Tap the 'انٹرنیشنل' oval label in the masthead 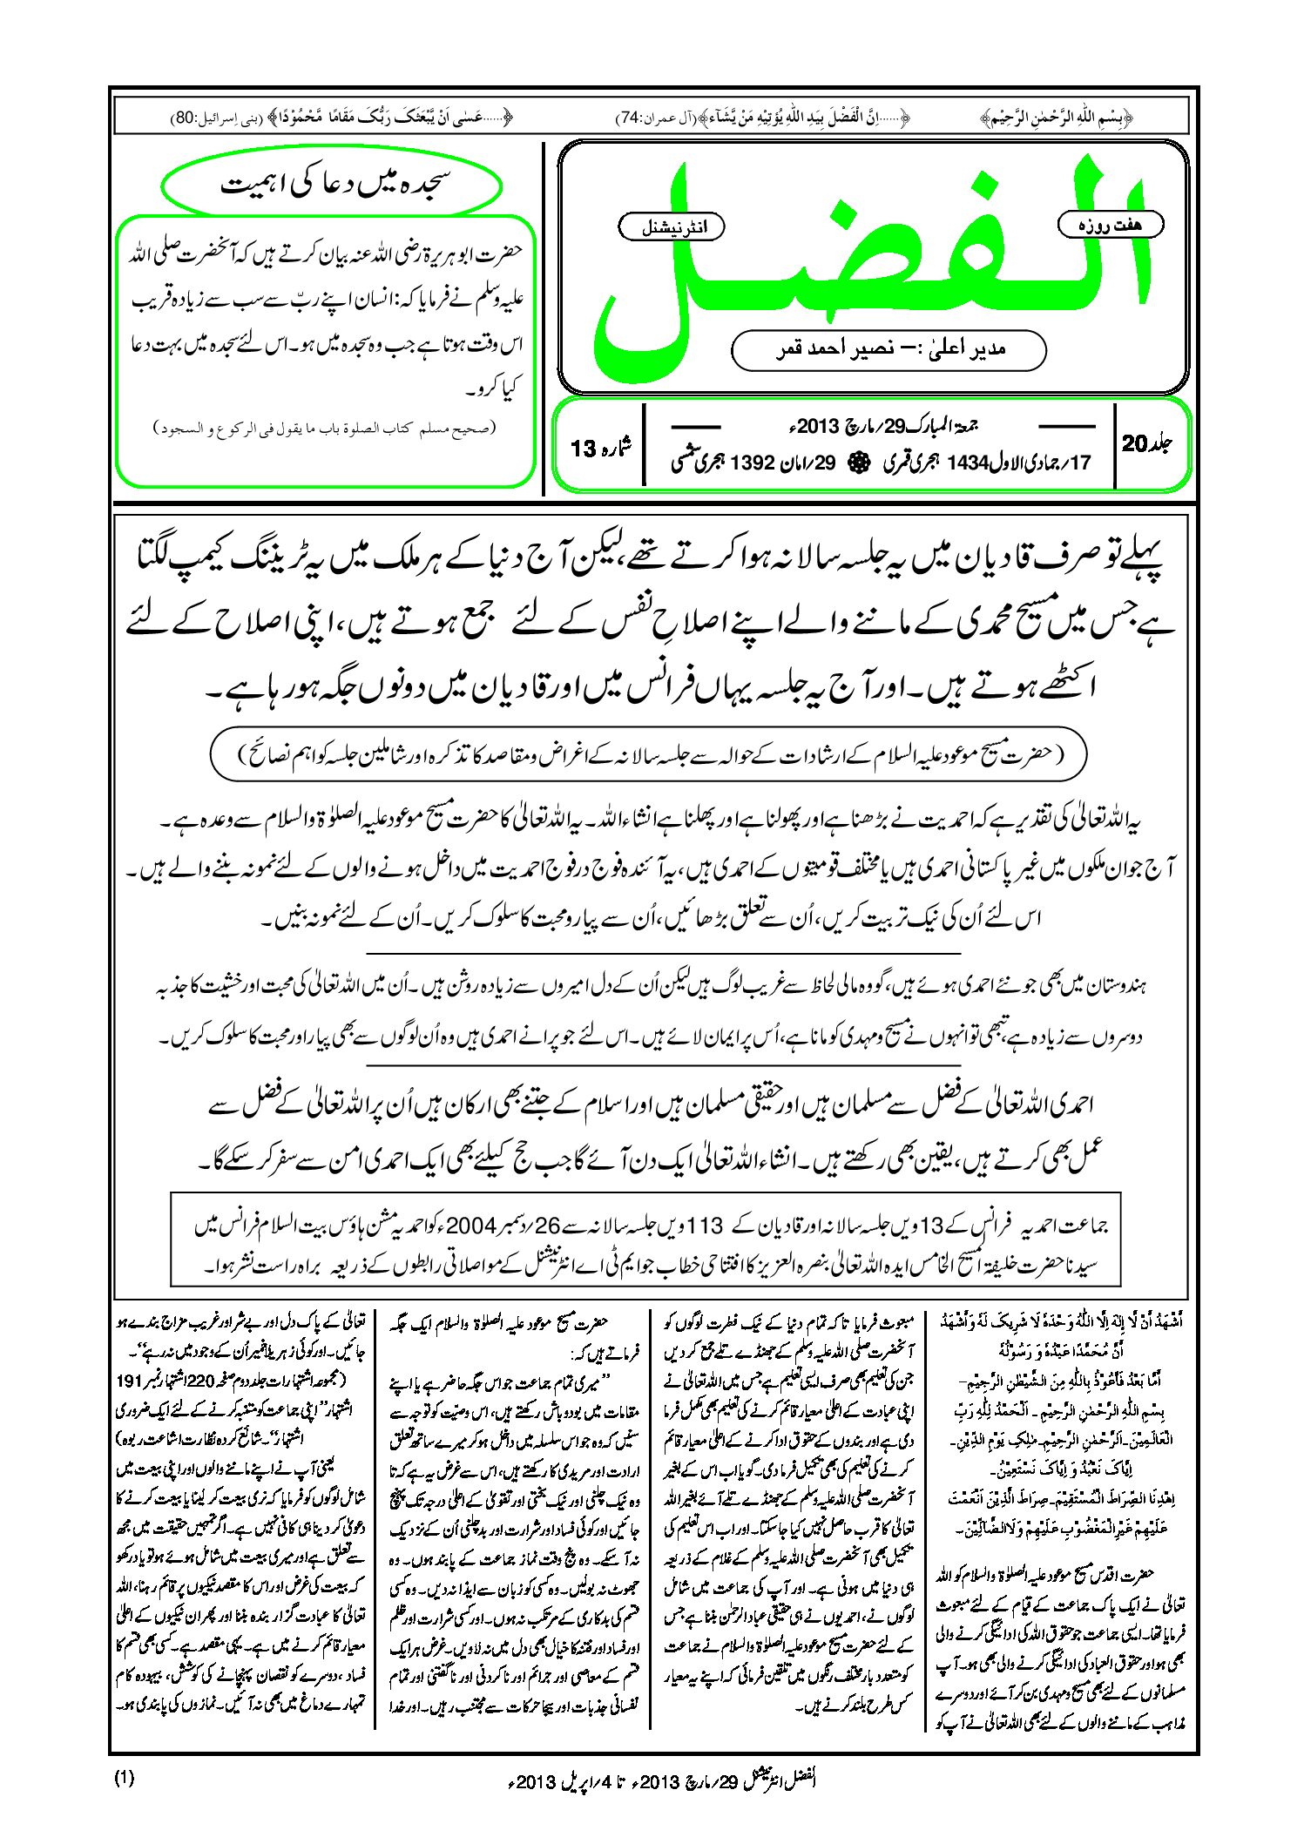(x=670, y=227)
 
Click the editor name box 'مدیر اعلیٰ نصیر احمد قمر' (x=888, y=349)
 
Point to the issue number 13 (x=583, y=449)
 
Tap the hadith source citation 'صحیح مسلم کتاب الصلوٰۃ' (x=324, y=428)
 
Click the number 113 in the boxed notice (x=705, y=1226)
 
